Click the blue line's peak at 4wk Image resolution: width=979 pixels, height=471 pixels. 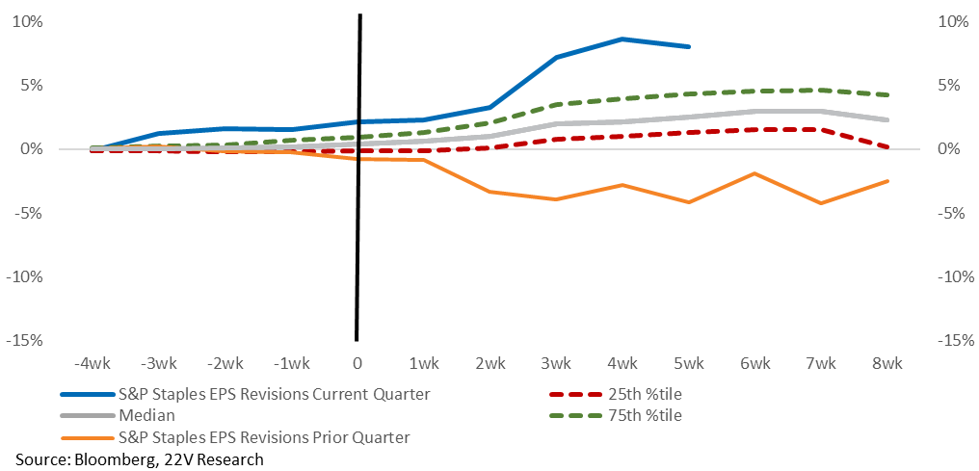tap(622, 39)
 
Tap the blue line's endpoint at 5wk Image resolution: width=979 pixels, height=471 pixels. tap(689, 47)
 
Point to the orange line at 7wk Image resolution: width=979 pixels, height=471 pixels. tap(821, 203)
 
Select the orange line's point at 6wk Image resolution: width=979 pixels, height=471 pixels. tap(754, 173)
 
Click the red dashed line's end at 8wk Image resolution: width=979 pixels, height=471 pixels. tap(887, 147)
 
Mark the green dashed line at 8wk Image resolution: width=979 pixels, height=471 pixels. tap(887, 94)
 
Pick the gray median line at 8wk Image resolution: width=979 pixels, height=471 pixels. tap(887, 119)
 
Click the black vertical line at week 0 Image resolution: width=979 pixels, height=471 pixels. tap(358, 177)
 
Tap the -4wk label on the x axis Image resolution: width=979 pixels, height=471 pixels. tap(93, 363)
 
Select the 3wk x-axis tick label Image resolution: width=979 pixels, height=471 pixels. tap(556, 363)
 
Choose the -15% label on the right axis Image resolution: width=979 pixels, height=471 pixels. tap(955, 341)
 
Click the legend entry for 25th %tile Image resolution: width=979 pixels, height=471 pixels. tap(617, 394)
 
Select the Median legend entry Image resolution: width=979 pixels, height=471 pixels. tap(118, 415)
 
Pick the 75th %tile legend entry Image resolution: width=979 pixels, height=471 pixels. tap(617, 415)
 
